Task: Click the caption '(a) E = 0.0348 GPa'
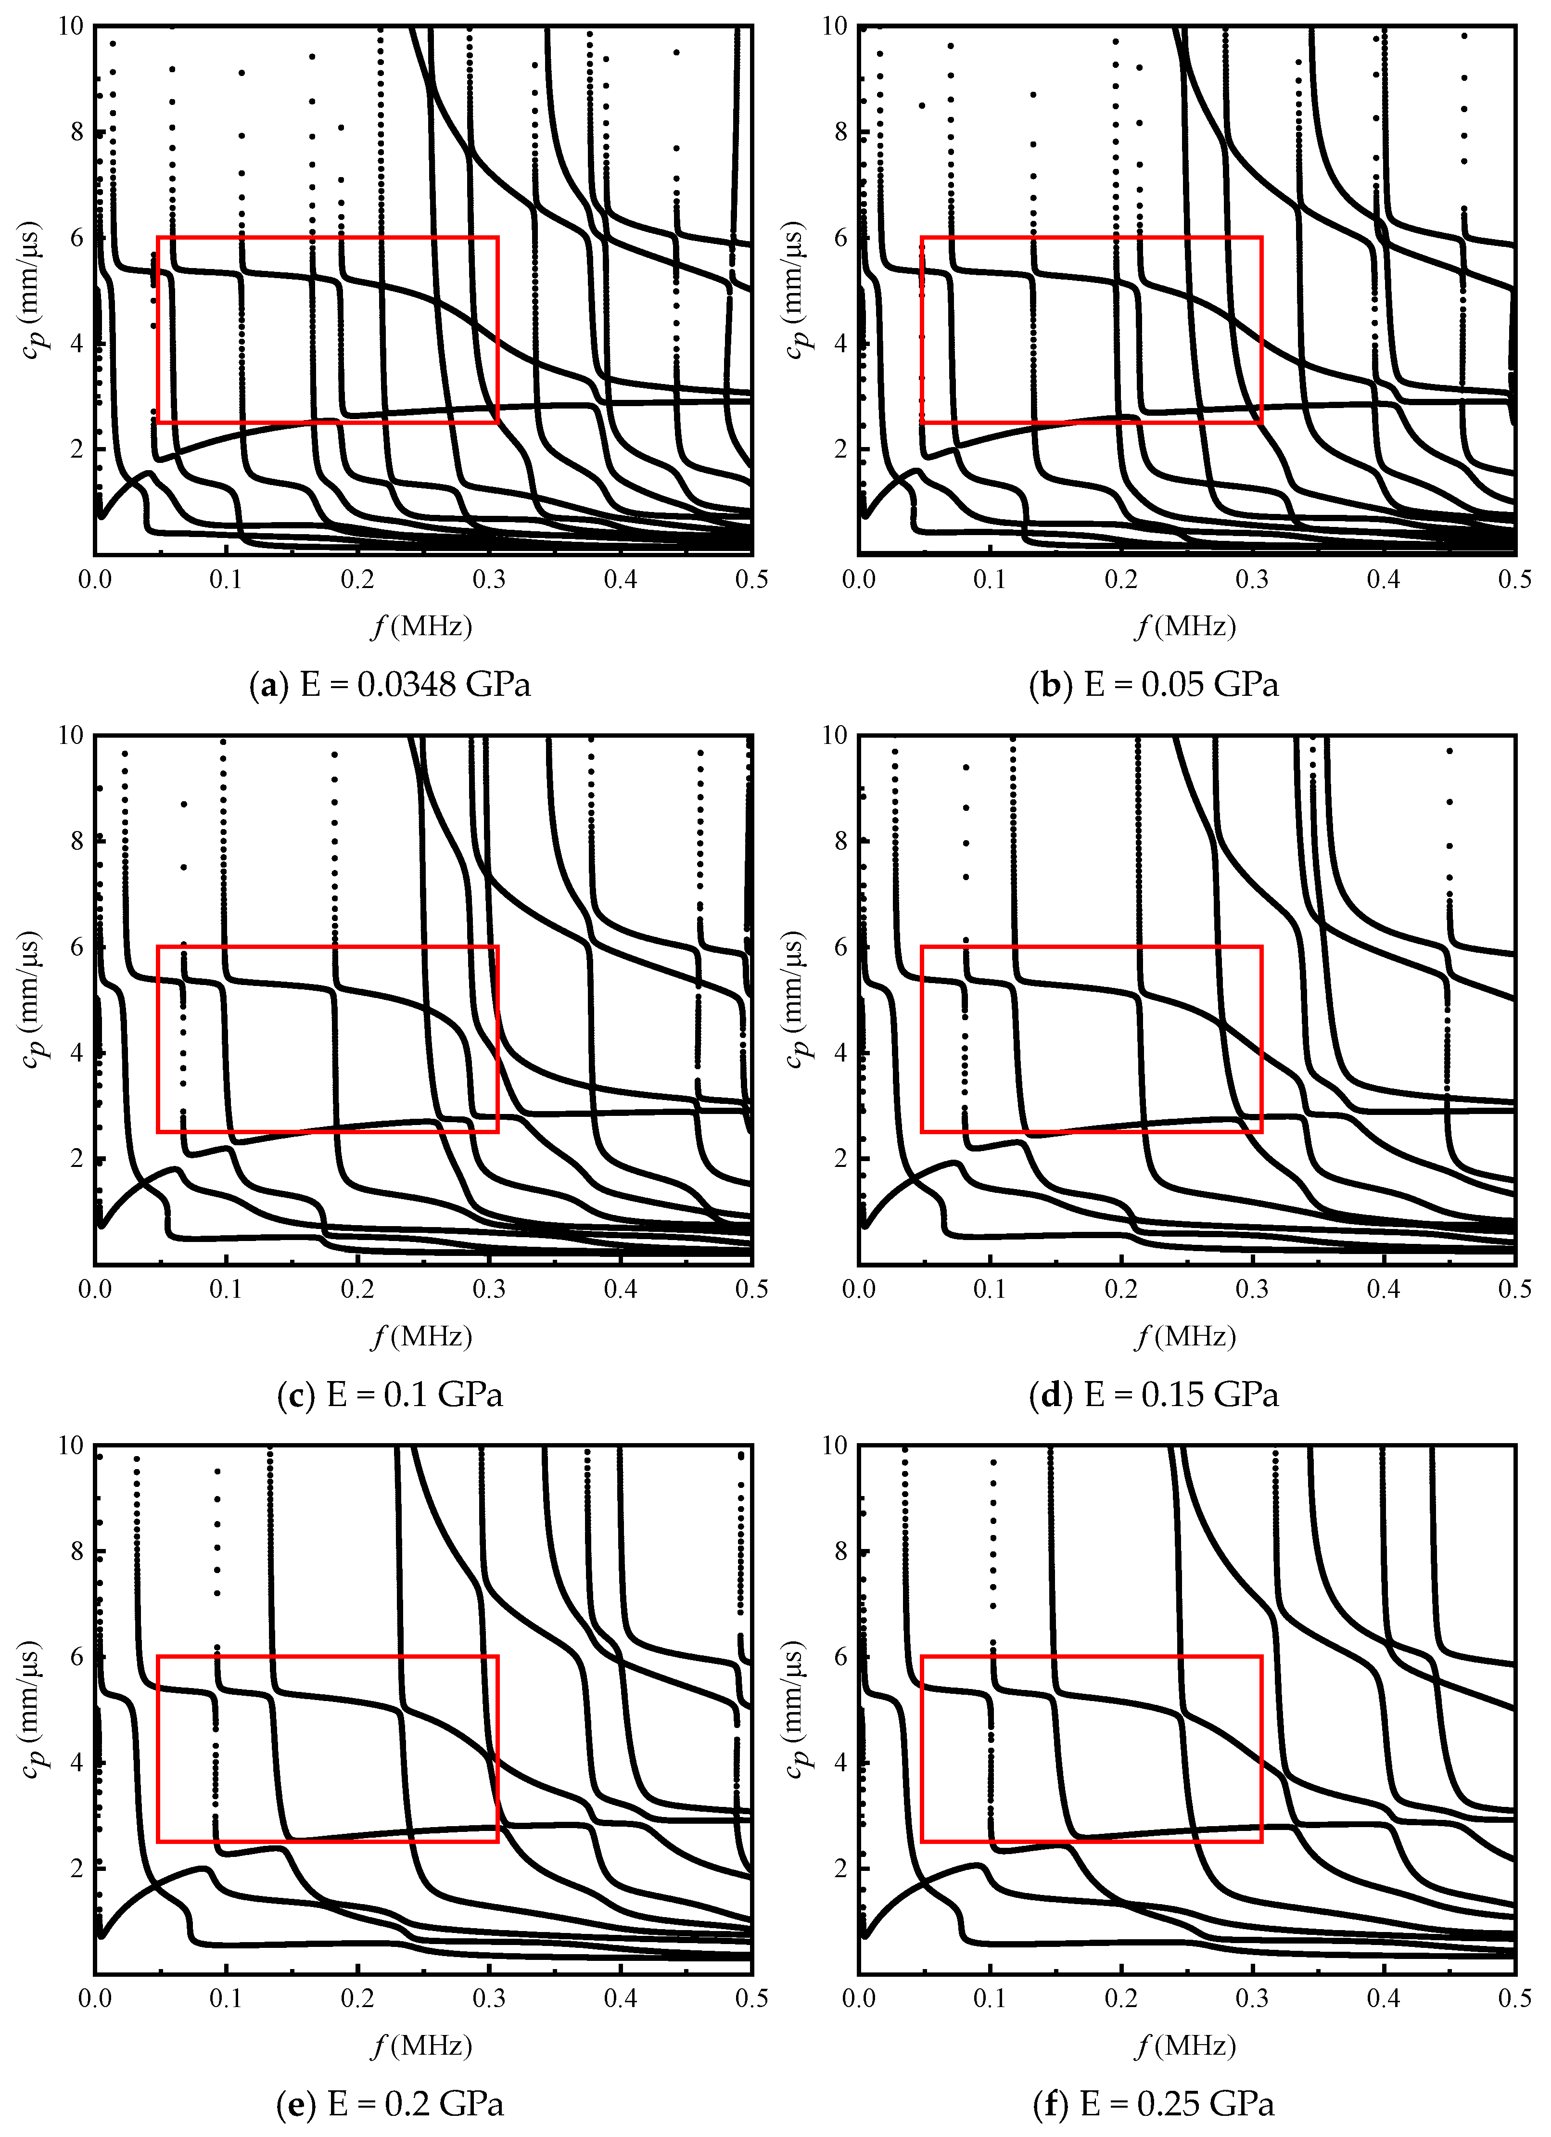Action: tap(390, 685)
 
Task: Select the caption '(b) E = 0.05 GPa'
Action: tap(1154, 685)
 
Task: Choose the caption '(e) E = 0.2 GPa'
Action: tap(390, 2104)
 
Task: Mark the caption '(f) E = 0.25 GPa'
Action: tap(1154, 2104)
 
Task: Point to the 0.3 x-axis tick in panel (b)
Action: tap(1252, 578)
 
